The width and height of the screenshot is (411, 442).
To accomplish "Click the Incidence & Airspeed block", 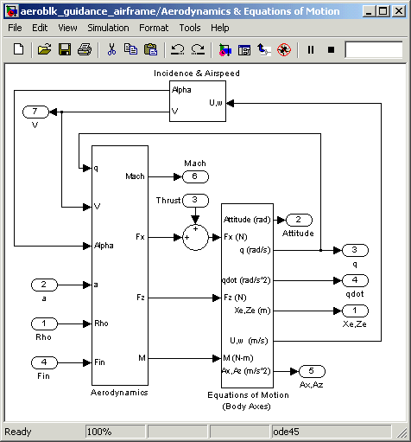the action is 198,101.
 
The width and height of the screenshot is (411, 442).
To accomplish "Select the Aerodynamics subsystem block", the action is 120,266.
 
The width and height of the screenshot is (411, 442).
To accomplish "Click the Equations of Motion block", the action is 247,296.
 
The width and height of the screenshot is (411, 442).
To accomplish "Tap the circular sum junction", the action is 195,238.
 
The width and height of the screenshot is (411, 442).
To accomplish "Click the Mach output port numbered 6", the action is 195,176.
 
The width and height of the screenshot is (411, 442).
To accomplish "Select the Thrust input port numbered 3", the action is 195,201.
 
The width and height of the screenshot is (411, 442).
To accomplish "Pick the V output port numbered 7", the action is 35,112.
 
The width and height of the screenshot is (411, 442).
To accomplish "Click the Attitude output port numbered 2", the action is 299,221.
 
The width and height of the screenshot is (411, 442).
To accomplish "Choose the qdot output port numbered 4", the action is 355,280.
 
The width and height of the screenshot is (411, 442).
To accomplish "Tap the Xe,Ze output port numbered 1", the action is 355,311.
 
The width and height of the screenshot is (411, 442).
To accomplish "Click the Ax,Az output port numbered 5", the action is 312,371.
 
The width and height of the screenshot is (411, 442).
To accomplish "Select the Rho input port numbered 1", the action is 44,323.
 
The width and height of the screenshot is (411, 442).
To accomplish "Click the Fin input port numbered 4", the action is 44,362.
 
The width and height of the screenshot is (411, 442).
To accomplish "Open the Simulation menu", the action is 108,28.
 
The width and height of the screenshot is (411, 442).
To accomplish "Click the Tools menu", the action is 190,28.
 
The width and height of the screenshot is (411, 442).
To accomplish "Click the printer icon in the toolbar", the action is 85,49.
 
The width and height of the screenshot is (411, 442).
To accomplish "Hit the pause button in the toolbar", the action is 311,50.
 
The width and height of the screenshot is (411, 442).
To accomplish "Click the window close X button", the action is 399,11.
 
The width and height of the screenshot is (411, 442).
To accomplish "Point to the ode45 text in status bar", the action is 286,432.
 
